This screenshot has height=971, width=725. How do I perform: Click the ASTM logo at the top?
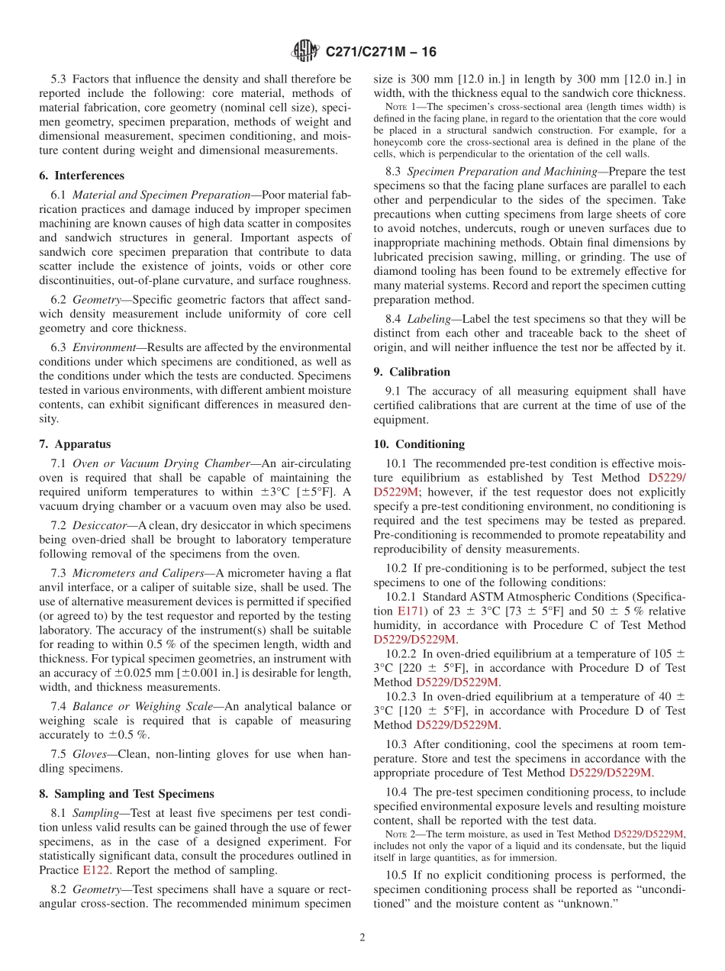(305, 52)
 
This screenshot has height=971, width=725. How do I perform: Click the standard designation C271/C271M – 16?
(381, 53)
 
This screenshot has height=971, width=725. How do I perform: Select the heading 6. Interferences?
(81, 175)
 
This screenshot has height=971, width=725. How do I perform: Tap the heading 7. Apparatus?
(75, 444)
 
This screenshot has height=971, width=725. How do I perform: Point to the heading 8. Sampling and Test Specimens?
(126, 794)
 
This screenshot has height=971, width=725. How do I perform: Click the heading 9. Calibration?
(412, 372)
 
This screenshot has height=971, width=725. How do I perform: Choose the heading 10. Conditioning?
(419, 444)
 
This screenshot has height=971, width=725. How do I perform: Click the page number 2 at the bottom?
(362, 937)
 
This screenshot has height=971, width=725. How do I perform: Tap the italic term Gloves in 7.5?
(89, 754)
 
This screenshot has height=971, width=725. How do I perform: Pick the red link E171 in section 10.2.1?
(409, 611)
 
